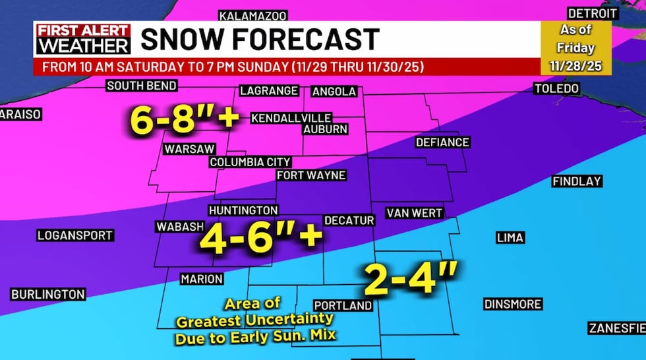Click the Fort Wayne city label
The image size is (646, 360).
311,175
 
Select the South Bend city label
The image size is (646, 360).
142,86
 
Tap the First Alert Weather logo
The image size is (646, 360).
83,40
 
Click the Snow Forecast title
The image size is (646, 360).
260,40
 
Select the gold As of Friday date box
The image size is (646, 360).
576,48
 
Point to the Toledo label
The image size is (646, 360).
556,88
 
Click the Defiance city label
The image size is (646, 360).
442,142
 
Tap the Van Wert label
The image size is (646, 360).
414,213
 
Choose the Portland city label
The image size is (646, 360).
343,306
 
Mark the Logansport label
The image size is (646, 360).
75,235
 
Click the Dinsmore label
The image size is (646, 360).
512,304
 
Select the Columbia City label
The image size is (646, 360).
250,162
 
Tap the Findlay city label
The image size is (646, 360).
577,181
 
